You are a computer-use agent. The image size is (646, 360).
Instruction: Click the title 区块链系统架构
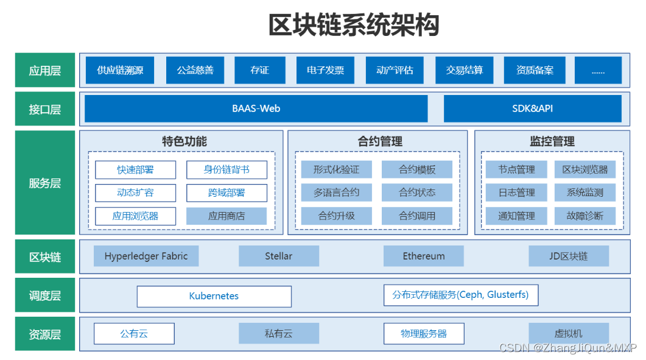click(354, 26)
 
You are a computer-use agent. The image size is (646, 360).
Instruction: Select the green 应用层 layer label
click(45, 71)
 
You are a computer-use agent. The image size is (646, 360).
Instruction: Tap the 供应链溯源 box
click(120, 71)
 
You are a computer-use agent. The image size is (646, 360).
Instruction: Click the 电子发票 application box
click(325, 71)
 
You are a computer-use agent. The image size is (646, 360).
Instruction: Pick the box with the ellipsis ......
click(598, 71)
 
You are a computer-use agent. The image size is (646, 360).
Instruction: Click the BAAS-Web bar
click(256, 109)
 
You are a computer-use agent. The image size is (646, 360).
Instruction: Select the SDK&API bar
click(532, 109)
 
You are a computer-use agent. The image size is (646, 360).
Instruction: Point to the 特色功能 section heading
click(184, 142)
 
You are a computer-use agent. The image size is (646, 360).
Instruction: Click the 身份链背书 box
click(226, 170)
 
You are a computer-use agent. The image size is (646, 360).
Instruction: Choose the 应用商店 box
click(226, 216)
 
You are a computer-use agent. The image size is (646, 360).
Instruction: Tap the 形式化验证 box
click(336, 170)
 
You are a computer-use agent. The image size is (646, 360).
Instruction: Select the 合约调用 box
click(417, 216)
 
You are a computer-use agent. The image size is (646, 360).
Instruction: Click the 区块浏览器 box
click(585, 170)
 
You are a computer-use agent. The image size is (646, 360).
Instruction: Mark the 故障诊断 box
click(585, 216)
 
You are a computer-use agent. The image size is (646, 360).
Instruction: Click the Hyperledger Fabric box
click(146, 256)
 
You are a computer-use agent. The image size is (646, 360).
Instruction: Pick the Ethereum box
click(424, 256)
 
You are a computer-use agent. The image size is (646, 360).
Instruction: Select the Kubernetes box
click(214, 297)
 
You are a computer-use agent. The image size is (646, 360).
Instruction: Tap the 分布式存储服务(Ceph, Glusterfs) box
click(460, 295)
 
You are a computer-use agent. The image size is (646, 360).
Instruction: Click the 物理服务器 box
click(424, 334)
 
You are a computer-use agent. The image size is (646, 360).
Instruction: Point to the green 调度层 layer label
click(45, 296)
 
